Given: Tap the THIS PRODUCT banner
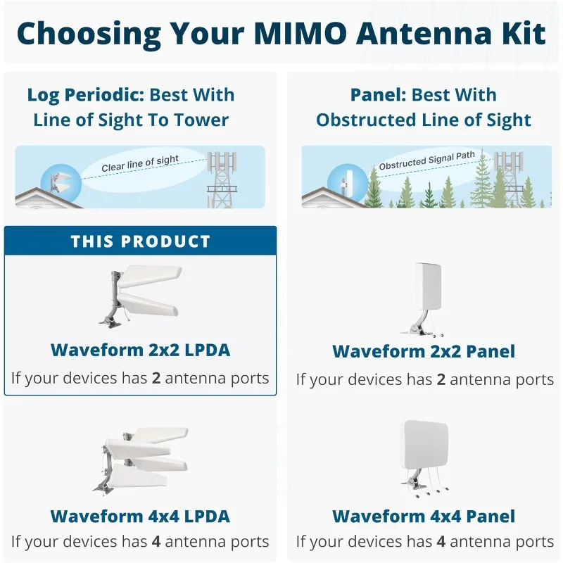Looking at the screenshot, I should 140,241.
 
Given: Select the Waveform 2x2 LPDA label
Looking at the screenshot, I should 140,350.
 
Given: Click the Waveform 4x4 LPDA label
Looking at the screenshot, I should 140,516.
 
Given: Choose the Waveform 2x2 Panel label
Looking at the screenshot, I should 424,351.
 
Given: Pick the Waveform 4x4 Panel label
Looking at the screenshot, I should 424,516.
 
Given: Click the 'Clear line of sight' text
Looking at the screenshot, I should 140,164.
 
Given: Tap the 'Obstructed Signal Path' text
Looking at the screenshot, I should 426,160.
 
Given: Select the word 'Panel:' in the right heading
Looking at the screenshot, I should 379,95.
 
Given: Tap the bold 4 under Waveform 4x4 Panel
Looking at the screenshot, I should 441,542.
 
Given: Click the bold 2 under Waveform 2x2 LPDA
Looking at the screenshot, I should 156,378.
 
